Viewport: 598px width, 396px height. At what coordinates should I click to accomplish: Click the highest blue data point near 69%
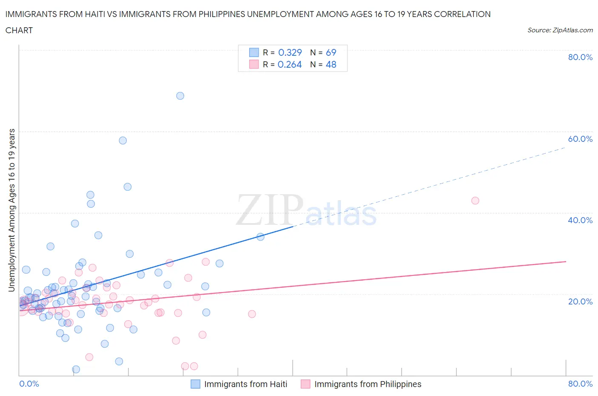point(180,96)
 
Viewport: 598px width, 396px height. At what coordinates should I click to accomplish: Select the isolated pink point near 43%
point(475,201)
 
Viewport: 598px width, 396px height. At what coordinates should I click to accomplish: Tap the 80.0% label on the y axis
point(580,57)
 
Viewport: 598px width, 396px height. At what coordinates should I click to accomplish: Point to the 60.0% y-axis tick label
point(580,139)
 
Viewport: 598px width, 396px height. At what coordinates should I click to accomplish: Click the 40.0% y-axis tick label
point(580,220)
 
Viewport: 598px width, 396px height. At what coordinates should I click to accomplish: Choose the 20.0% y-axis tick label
point(580,301)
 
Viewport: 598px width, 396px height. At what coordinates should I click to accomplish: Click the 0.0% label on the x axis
point(29,384)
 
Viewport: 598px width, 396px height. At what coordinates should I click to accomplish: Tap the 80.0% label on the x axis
point(580,384)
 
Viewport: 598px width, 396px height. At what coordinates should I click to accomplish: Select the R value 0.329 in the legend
point(290,52)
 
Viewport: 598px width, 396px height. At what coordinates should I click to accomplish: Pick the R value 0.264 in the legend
point(290,64)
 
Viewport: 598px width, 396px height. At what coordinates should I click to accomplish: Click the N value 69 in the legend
point(331,52)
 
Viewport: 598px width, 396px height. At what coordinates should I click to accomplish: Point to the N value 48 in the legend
point(331,64)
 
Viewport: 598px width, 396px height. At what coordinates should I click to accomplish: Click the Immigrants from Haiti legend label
point(246,384)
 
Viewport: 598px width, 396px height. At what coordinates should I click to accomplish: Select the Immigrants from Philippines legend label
point(368,384)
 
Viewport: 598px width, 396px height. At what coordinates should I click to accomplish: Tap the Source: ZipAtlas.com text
point(560,30)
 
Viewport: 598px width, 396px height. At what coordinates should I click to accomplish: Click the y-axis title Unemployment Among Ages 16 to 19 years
point(12,210)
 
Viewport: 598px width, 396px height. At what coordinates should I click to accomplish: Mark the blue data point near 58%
point(123,141)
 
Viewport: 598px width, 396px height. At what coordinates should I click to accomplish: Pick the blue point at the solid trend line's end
point(260,237)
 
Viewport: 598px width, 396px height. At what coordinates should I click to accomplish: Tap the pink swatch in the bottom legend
point(305,384)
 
